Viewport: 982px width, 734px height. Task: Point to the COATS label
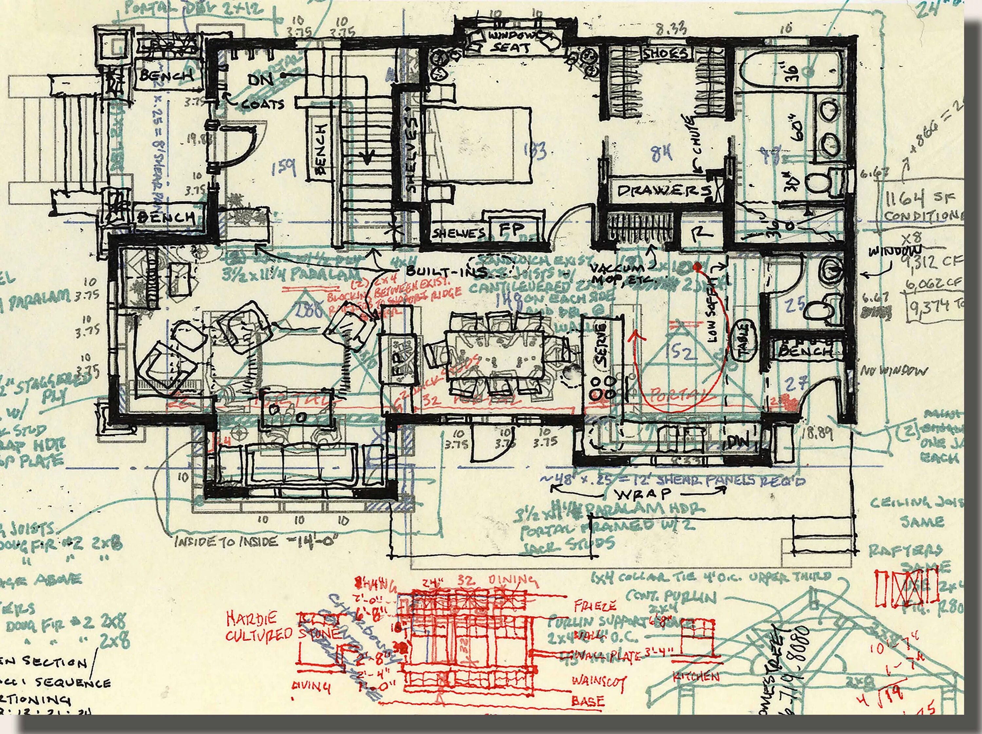[263, 105]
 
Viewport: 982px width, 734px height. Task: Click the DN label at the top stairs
[261, 80]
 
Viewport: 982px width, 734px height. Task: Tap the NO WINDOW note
[893, 371]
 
